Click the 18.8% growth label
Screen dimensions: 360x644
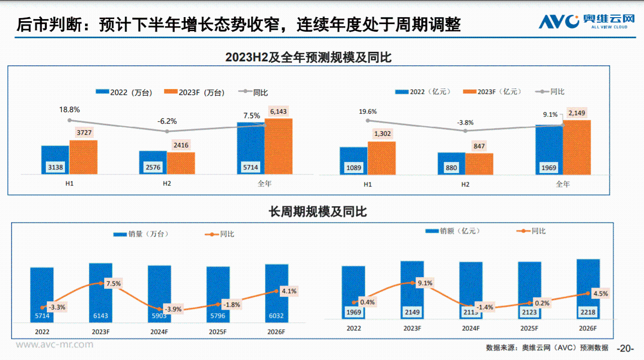pos(69,109)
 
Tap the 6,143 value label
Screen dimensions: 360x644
pos(278,111)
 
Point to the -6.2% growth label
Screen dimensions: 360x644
pos(167,121)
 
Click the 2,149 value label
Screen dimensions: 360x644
pos(577,113)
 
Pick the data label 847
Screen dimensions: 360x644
pos(479,146)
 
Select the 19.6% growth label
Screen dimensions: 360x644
pos(368,112)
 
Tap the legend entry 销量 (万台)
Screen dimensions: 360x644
pos(141,234)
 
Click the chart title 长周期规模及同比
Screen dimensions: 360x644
pos(318,212)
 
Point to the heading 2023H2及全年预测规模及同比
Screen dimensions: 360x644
pos(308,57)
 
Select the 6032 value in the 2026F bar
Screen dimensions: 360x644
pos(277,316)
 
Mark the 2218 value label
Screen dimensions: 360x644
pos(588,312)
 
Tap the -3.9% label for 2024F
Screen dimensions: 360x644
pos(174,309)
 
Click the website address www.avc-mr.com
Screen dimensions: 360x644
pos(54,344)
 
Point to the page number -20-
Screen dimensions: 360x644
pos(625,348)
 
